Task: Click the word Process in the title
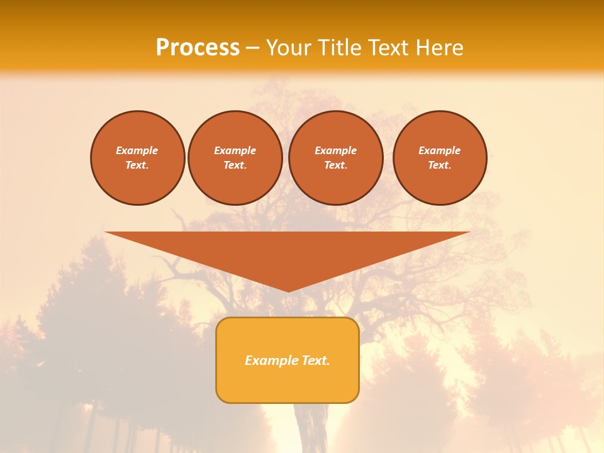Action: point(198,48)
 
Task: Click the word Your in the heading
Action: point(289,48)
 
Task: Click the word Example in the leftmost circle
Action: point(137,150)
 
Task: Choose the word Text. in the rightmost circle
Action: point(440,165)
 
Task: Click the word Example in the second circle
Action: point(235,150)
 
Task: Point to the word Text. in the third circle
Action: point(336,165)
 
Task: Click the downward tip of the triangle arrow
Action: point(288,291)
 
